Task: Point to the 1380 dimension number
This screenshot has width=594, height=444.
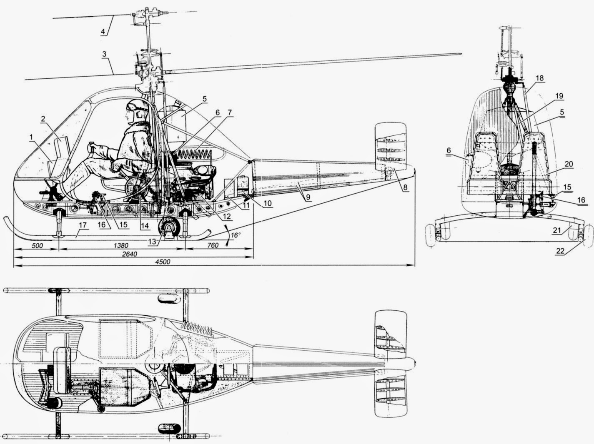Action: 120,245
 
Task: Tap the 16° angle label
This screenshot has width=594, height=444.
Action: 236,235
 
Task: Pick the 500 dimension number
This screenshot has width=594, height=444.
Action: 37,245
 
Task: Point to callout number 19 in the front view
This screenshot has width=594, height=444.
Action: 559,96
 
